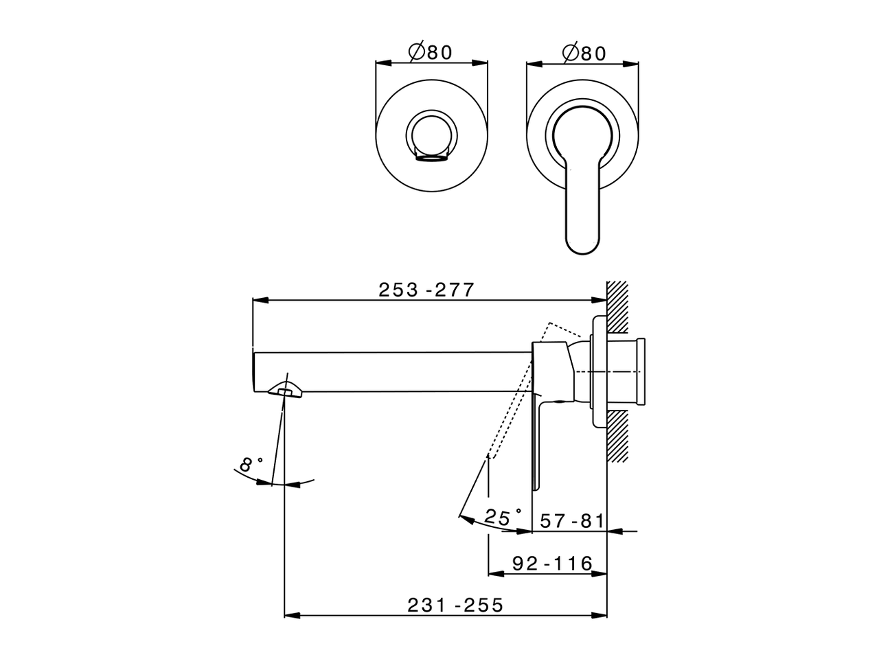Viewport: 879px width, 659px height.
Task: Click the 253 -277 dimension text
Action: point(426,290)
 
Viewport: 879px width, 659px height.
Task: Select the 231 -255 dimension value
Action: point(455,605)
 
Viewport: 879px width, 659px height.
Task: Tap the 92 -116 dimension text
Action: point(552,564)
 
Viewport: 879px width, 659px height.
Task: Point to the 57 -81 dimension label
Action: point(571,521)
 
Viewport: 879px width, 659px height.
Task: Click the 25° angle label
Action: point(503,517)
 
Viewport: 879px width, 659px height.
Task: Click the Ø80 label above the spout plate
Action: point(431,53)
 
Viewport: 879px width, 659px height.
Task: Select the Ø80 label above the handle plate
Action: point(584,53)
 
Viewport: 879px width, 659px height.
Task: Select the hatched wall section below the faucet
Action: point(618,436)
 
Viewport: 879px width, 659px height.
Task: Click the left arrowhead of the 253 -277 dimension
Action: point(260,300)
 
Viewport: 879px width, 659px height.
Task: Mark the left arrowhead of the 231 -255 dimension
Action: point(291,615)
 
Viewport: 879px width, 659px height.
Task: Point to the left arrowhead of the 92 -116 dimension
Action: point(494,574)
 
